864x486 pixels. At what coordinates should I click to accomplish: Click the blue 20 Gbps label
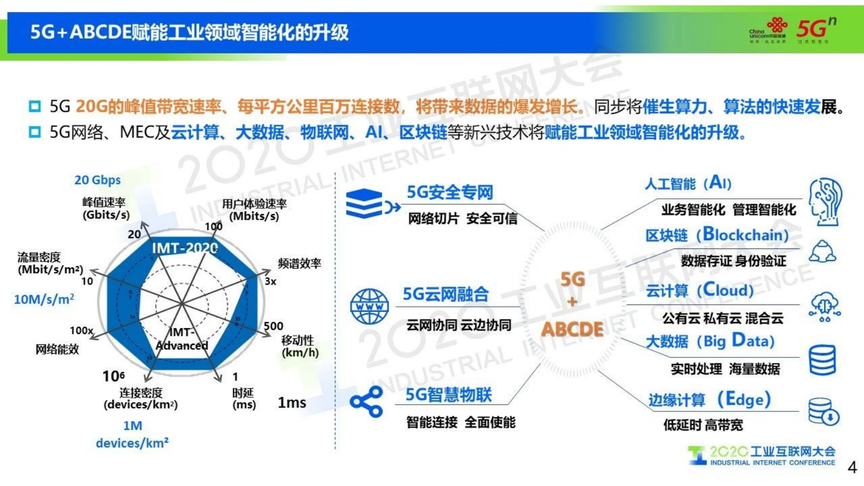click(x=97, y=180)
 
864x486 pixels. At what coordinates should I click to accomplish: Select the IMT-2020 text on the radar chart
click(x=184, y=248)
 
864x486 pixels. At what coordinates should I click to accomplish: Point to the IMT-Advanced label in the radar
click(x=182, y=339)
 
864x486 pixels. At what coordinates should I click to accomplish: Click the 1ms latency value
click(x=292, y=403)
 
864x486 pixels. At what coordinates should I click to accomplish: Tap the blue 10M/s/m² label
click(x=44, y=299)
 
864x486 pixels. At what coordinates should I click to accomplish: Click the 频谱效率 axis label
click(x=299, y=264)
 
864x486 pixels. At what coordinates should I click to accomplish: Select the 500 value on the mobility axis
click(x=273, y=326)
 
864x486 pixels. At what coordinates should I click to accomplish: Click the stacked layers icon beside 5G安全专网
click(x=365, y=203)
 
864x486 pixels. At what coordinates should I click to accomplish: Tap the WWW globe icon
click(x=370, y=306)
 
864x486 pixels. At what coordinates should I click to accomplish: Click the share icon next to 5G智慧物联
click(x=366, y=402)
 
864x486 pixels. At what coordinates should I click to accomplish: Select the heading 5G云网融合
click(x=445, y=295)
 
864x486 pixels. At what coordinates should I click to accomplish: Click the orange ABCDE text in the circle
click(x=572, y=329)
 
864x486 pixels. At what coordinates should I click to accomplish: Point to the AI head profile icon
click(x=825, y=201)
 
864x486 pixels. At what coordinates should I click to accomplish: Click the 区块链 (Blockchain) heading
click(x=717, y=235)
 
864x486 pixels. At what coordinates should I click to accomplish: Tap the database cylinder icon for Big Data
click(x=822, y=360)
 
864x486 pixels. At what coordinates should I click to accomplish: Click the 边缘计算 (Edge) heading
click(x=709, y=399)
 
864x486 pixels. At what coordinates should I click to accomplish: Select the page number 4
click(x=852, y=467)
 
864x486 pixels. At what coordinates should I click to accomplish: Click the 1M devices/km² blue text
click(x=132, y=434)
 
